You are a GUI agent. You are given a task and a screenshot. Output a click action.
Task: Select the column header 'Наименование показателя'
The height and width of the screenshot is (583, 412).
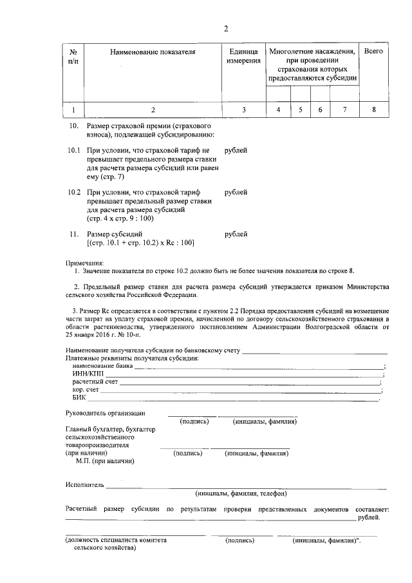coord(153,51)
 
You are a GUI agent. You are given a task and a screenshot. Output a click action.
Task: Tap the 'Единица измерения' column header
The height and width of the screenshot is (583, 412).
coord(243,55)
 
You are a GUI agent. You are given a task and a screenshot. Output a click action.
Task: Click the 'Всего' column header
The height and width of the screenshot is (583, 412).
coord(373,50)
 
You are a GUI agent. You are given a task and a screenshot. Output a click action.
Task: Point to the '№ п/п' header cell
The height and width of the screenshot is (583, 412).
coord(73,55)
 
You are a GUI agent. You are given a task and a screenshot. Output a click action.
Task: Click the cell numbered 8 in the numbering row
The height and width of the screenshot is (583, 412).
coord(373,110)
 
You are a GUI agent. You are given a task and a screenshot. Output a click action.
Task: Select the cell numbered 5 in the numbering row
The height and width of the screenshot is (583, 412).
coord(301,110)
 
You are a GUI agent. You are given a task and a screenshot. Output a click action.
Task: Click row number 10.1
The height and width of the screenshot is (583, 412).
coord(74,150)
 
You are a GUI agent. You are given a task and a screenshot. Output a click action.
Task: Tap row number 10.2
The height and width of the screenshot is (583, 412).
coord(74,193)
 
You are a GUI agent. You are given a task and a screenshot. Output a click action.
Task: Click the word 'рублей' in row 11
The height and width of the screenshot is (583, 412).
coord(236,234)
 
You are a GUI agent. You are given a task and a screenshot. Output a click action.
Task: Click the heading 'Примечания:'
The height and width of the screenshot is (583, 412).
coord(84,263)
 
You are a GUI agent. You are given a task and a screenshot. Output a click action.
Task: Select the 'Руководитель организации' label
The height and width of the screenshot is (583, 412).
coord(106,412)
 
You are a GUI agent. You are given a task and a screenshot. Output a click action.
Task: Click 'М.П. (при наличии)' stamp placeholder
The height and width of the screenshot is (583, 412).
coord(104,461)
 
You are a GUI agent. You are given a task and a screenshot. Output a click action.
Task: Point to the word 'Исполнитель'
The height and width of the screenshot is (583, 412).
coord(84,484)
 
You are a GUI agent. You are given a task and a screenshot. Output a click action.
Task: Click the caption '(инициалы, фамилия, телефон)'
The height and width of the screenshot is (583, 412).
coord(240,493)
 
